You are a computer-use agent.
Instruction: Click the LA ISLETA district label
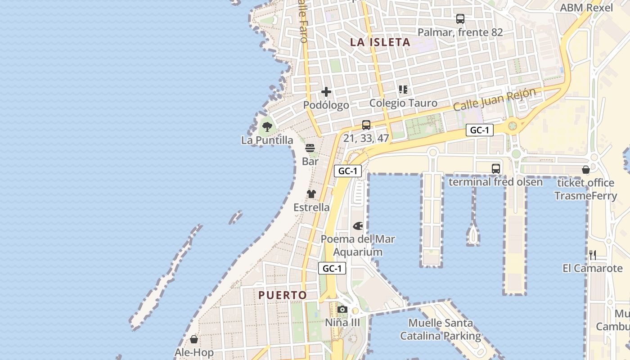380,42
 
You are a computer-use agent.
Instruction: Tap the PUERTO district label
283,295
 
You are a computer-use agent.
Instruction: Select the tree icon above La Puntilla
267,126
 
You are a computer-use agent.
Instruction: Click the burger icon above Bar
310,148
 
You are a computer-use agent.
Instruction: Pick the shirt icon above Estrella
311,194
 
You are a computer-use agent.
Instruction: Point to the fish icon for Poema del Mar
358,225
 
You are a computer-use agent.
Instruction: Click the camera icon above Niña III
342,309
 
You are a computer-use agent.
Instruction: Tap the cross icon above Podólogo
326,92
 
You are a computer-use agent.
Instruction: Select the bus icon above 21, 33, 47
366,125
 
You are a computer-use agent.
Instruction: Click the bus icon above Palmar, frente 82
460,19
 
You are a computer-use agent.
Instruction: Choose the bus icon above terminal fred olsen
496,169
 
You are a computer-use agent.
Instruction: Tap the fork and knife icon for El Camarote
593,255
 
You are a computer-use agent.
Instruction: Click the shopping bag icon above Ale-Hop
194,339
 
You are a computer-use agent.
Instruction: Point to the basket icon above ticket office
585,170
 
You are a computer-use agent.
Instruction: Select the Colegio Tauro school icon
403,90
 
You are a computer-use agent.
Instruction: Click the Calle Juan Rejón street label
495,99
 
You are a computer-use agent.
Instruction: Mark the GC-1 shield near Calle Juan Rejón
480,130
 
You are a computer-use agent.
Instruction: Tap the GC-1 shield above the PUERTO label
332,269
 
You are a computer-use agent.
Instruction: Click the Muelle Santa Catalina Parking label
441,329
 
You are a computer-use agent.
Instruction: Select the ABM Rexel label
586,8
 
